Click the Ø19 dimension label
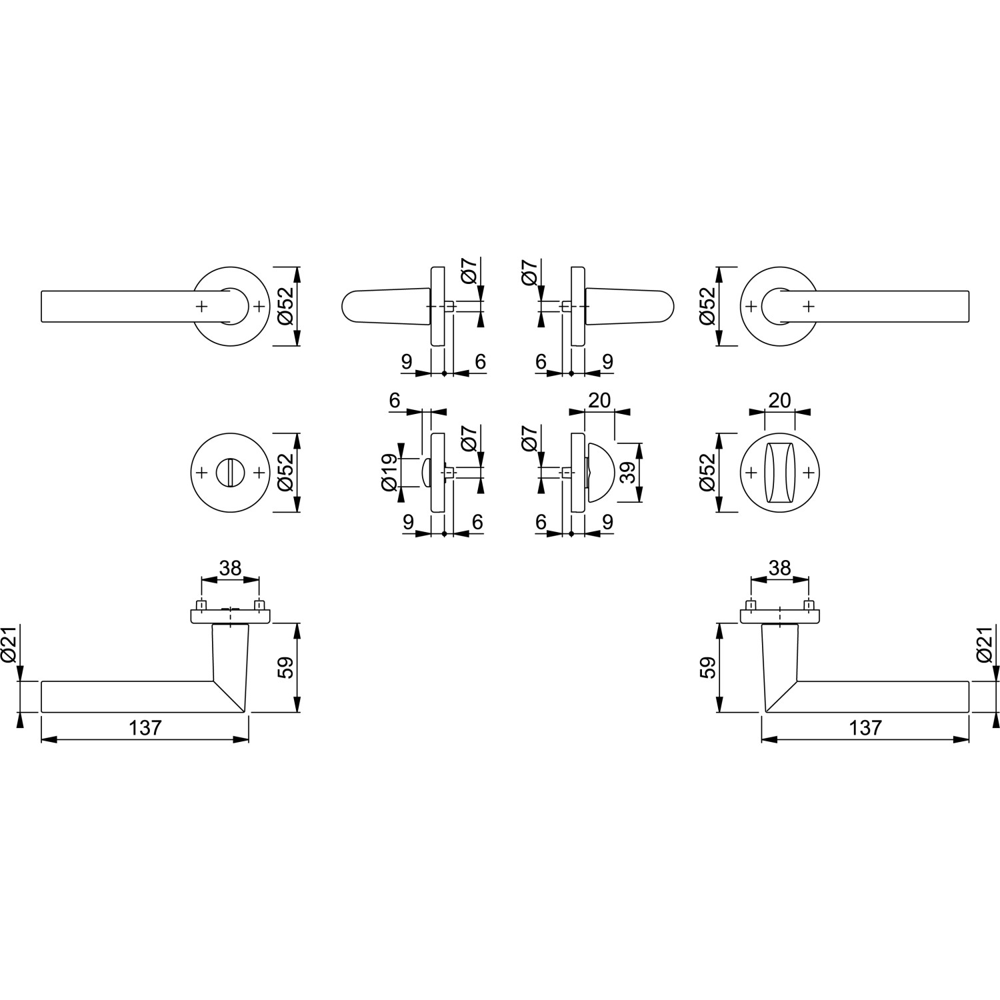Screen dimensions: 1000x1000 pyautogui.click(x=391, y=472)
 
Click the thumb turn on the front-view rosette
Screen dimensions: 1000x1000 pyautogui.click(x=779, y=472)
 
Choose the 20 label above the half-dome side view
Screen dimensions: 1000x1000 pyautogui.click(x=600, y=400)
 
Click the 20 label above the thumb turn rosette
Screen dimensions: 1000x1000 pyautogui.click(x=779, y=400)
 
